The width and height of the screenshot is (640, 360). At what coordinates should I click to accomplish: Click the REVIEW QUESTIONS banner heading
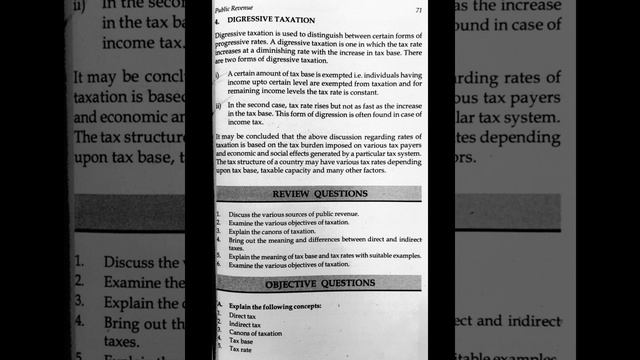[320, 193]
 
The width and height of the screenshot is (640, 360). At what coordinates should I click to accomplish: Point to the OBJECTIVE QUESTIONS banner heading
[320, 283]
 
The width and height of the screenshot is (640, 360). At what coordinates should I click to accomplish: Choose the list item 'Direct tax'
[243, 316]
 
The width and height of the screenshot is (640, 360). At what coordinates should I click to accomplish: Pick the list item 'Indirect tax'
[245, 325]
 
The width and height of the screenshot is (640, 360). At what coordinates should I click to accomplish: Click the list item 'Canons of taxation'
[255, 333]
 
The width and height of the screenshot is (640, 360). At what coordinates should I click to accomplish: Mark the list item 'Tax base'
[241, 341]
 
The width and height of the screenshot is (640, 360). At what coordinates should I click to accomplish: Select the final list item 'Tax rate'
[241, 350]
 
